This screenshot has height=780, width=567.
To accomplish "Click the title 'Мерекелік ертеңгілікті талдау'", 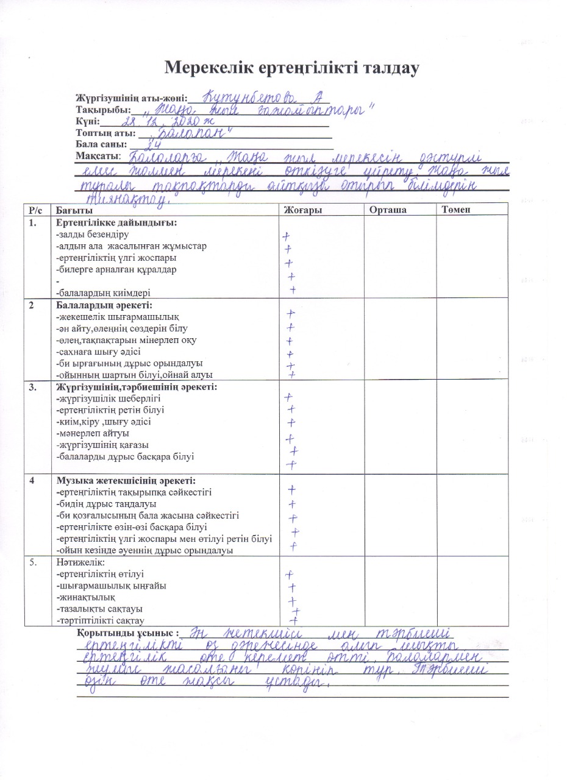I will click(292, 68).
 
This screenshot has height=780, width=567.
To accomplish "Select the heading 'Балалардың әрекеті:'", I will click(104, 305).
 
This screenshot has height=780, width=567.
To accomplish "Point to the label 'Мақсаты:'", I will click(99, 156).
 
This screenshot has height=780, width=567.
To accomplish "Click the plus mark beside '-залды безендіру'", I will click(286, 236).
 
